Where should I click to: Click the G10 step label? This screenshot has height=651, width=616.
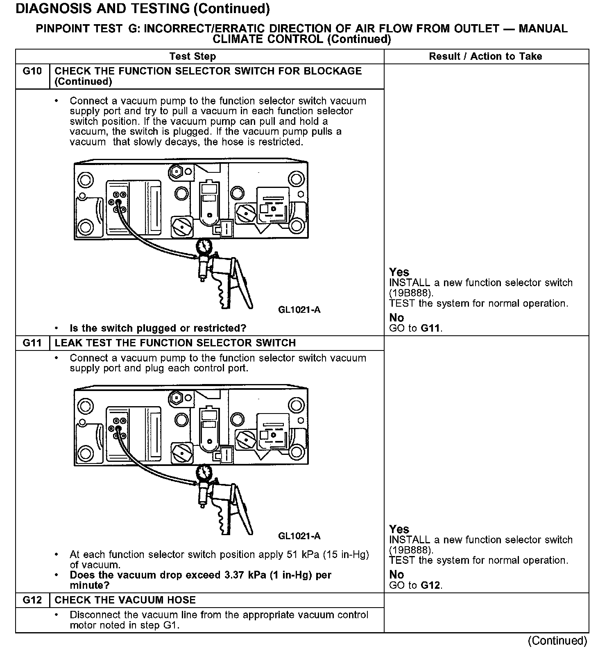coord(32,71)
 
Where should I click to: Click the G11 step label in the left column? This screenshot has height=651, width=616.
coord(32,343)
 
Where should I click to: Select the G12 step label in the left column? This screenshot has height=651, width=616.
coord(32,600)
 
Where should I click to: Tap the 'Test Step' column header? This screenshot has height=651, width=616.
coord(192,57)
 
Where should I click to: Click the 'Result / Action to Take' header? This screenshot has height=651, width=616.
coord(485,57)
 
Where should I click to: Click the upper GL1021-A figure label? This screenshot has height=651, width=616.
coord(299,310)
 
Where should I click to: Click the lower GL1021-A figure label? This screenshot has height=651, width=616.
coord(299,536)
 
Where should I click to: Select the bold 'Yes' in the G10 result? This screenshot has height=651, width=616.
coord(399,272)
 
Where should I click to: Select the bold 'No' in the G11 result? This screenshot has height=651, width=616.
coord(396,574)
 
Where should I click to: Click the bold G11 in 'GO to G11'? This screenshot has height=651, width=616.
coord(431,328)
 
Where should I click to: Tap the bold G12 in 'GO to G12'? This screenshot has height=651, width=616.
coord(431,585)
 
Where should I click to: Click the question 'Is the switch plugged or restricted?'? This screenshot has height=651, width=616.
coord(158,328)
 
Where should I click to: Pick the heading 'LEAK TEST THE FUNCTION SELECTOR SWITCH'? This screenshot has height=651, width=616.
coord(175,343)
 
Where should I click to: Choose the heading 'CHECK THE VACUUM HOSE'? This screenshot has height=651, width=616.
coord(125,600)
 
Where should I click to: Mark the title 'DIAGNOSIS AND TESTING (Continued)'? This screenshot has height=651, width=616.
coord(143,9)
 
